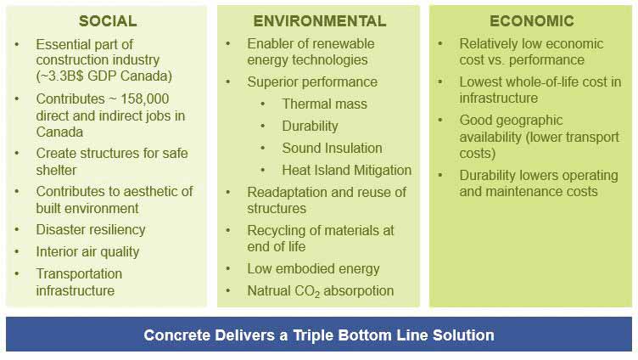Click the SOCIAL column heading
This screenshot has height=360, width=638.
point(108,21)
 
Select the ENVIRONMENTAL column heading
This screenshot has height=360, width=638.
point(320,21)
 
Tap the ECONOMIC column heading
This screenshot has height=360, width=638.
point(532,20)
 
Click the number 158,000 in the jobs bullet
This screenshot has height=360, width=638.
point(144,99)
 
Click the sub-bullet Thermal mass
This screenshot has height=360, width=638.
point(324,104)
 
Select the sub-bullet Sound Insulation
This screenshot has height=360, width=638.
point(332,148)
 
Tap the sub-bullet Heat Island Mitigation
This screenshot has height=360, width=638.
point(347,170)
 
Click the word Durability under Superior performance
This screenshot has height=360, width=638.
point(310,127)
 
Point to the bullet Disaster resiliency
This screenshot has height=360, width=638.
point(90,230)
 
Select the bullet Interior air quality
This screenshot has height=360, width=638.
point(87,252)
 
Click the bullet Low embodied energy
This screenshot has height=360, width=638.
point(313,269)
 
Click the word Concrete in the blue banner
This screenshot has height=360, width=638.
point(176,335)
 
